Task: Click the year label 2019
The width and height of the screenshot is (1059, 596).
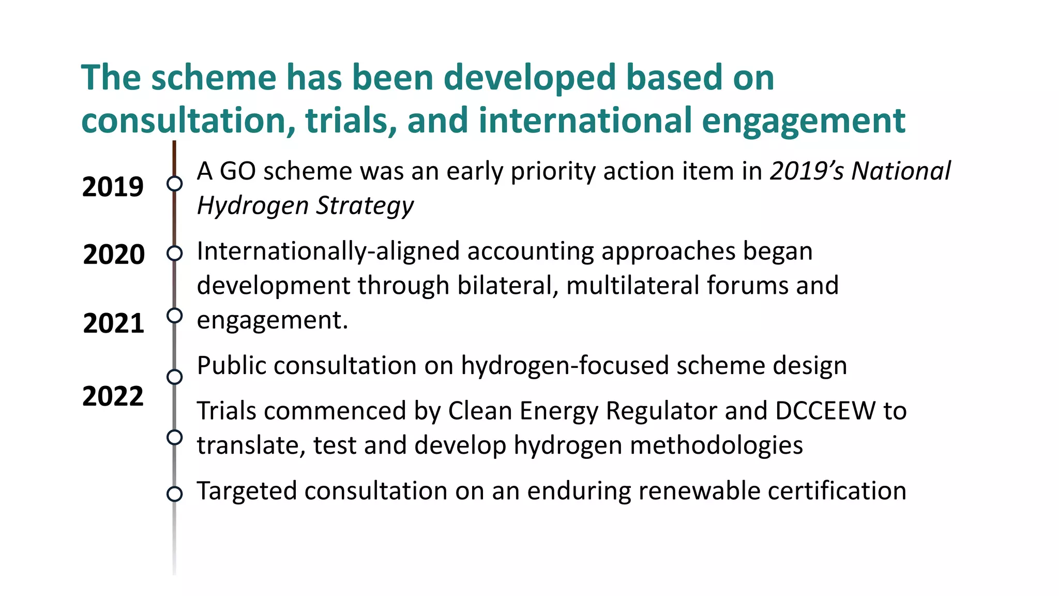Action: [113, 187]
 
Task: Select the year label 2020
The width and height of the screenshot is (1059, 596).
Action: [114, 255]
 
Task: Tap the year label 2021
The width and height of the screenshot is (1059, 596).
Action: [114, 323]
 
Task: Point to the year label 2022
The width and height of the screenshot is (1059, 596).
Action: [113, 396]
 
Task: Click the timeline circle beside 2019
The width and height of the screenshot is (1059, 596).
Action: [175, 184]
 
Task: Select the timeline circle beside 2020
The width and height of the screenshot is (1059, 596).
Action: [175, 253]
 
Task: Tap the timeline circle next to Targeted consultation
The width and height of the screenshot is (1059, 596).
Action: [175, 494]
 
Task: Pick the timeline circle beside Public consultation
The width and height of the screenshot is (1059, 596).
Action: [175, 377]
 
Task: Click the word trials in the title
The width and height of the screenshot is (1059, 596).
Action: [351, 120]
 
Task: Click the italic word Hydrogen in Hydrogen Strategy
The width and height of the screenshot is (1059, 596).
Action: [253, 206]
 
